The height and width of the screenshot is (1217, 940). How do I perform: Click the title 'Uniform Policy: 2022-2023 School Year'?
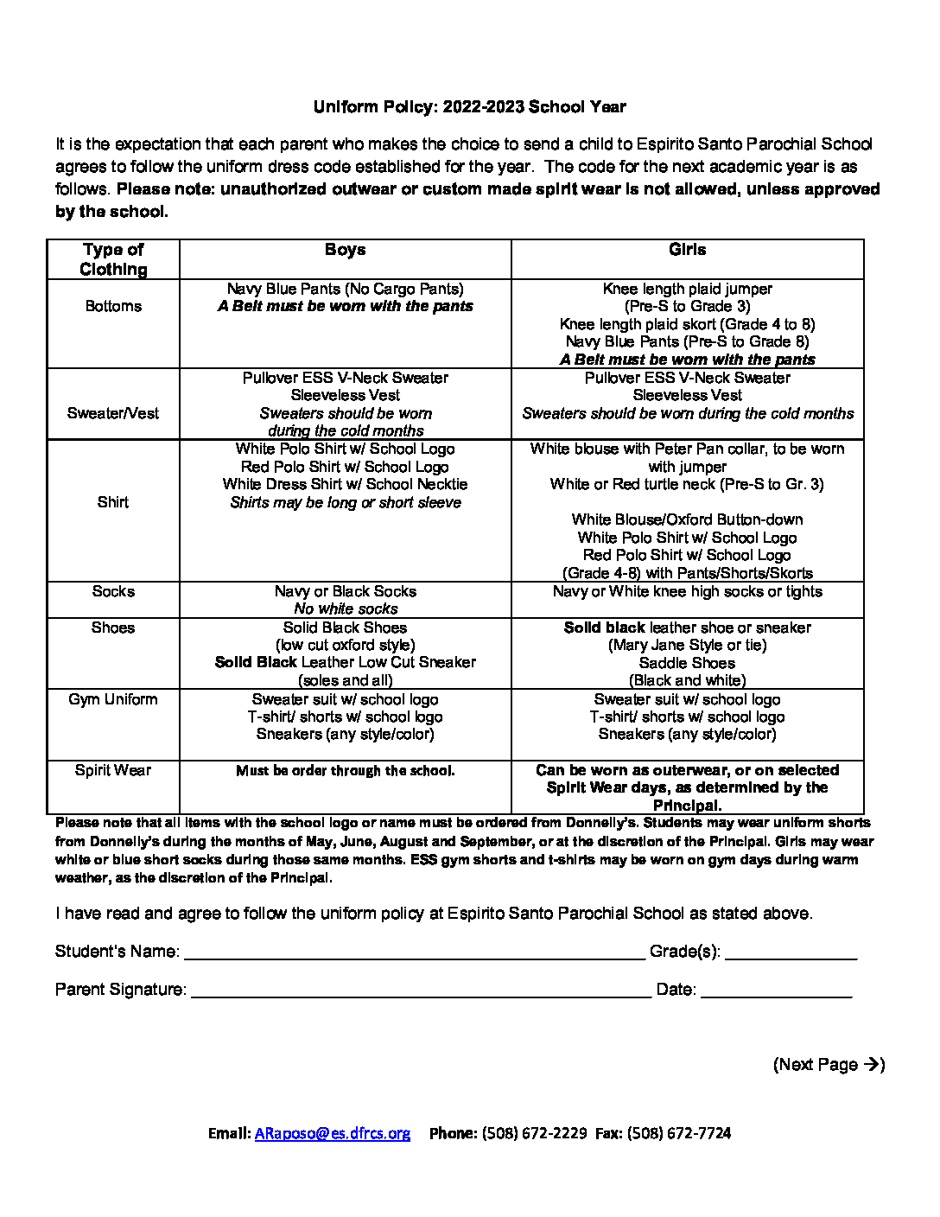(469, 107)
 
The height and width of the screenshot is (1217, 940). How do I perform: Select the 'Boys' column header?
(345, 250)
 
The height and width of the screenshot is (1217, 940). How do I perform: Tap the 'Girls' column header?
(687, 250)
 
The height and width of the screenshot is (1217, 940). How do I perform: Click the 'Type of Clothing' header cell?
(113, 259)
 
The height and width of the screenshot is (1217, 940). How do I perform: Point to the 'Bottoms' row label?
(113, 306)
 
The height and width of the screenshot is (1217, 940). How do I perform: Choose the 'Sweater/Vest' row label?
(113, 413)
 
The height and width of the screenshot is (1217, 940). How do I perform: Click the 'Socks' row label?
(113, 591)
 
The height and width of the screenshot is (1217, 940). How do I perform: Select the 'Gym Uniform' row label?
(113, 699)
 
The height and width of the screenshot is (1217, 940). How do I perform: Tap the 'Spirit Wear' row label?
(113, 770)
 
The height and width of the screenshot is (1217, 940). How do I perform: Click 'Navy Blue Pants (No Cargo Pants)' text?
(345, 289)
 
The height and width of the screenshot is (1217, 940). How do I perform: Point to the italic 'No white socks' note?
(345, 609)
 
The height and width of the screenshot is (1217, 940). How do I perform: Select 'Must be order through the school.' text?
(345, 771)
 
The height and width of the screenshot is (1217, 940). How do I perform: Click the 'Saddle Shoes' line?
(687, 663)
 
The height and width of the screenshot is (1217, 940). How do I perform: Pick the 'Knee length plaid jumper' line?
(687, 289)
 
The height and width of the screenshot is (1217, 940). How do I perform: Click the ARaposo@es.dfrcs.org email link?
(332, 1133)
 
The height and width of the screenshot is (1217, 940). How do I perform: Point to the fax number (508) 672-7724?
(680, 1133)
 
